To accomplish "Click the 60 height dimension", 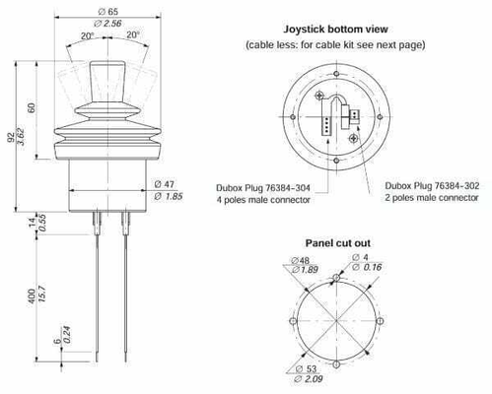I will point(31,107).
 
